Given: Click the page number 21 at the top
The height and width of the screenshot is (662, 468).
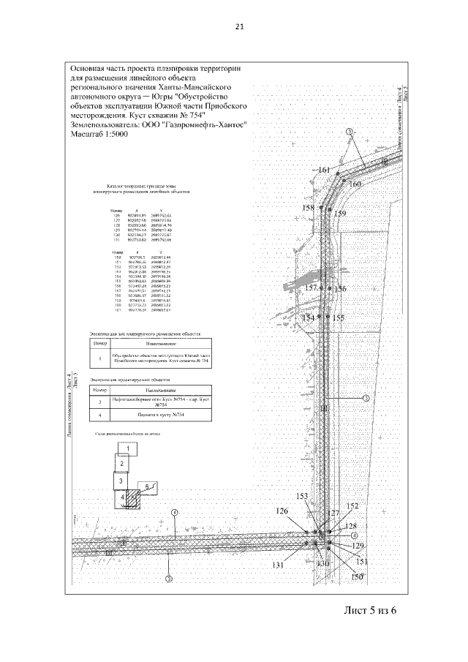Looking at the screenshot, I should click(x=238, y=27).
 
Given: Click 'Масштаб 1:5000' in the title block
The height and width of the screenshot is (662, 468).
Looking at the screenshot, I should click(x=100, y=135).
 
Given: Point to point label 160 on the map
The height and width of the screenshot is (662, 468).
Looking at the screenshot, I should click(x=355, y=184).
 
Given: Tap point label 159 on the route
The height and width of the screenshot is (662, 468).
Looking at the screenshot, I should click(x=339, y=214).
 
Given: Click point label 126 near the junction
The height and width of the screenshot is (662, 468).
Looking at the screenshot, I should click(x=282, y=511).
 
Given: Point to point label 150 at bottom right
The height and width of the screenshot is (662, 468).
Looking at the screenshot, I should click(x=357, y=577).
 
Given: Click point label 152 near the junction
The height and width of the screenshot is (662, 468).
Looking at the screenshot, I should click(x=352, y=506).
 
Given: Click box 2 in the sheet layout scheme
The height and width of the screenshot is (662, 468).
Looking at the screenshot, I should click(x=123, y=464).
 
